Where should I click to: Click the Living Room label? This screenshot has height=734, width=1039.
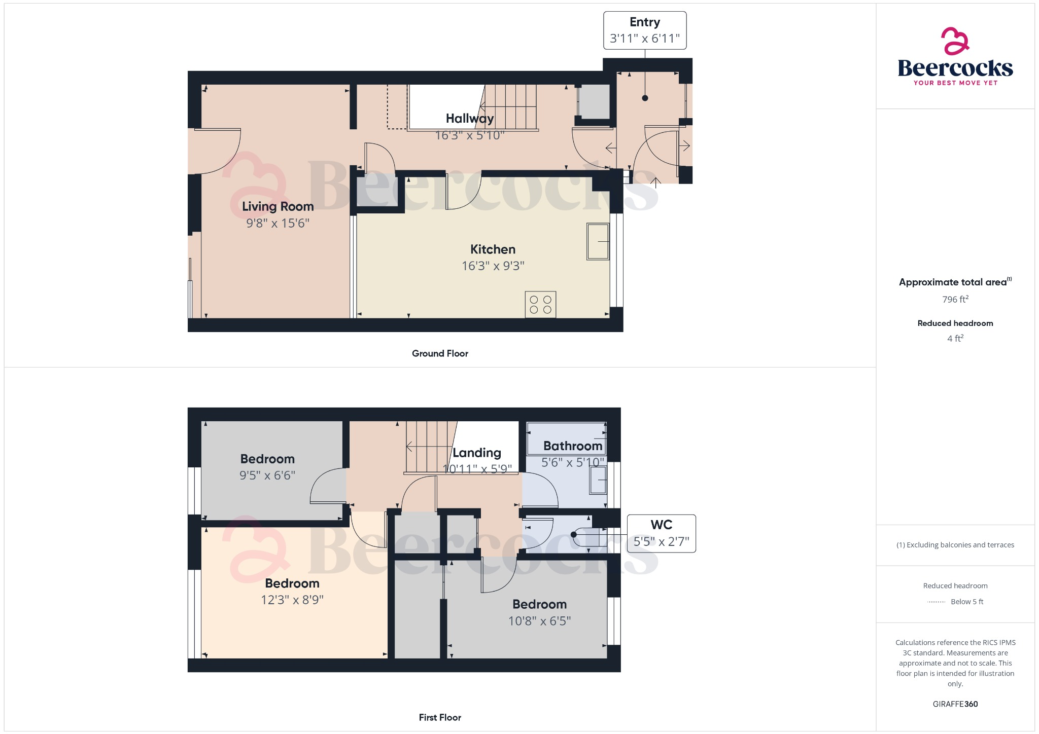coord(278,206)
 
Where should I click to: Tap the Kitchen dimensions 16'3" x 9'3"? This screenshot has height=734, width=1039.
coord(493,266)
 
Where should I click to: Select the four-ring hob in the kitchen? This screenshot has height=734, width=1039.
coord(540,305)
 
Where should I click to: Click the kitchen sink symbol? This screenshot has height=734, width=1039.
coord(598,241)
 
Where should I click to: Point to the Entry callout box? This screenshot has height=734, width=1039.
coord(645,30)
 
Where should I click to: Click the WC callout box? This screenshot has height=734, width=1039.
coord(661,533)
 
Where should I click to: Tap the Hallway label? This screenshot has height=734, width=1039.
coord(470,118)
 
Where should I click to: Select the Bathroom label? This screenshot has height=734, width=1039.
coord(573,446)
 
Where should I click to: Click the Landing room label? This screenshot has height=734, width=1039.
coord(477,453)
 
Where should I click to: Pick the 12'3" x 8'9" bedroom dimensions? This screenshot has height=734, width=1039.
coord(292,600)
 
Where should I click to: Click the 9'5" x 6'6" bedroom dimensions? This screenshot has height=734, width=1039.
coord(267,475)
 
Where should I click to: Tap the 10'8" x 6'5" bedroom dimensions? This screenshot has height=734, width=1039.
coord(539,620)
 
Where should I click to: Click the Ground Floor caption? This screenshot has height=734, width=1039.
coord(440,353)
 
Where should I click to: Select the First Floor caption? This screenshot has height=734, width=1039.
coord(440,717)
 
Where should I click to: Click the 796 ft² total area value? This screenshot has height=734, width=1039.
coord(955,299)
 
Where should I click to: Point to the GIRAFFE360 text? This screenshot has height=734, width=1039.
coord(955,704)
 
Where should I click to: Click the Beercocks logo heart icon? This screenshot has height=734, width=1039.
coord(955,41)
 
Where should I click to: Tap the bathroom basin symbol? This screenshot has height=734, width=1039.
coord(598,480)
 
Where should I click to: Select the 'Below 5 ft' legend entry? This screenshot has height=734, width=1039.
coord(966,602)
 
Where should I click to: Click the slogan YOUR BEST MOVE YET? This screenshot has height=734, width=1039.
coord(955,83)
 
